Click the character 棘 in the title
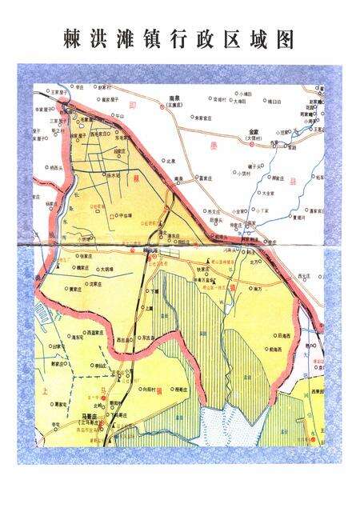pyautogui.click(x=73, y=39)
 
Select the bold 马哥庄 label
pyautogui.click(x=94, y=415)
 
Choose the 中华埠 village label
pyautogui.click(x=125, y=214)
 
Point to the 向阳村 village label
pyautogui.click(x=149, y=387)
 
